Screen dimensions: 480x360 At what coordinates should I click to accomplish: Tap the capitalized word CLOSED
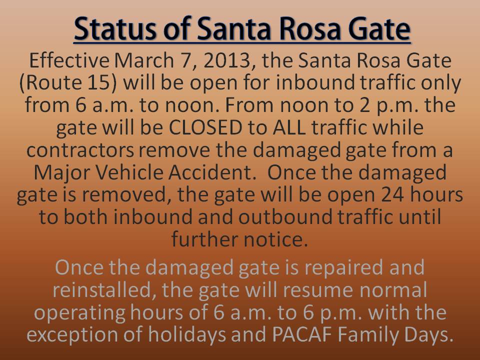point(205,127)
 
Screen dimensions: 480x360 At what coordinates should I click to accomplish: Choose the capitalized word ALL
point(288,127)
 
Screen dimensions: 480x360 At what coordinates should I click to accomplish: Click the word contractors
point(80,150)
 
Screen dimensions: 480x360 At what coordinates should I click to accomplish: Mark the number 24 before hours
point(393,194)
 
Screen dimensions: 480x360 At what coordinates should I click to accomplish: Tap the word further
point(203,239)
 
